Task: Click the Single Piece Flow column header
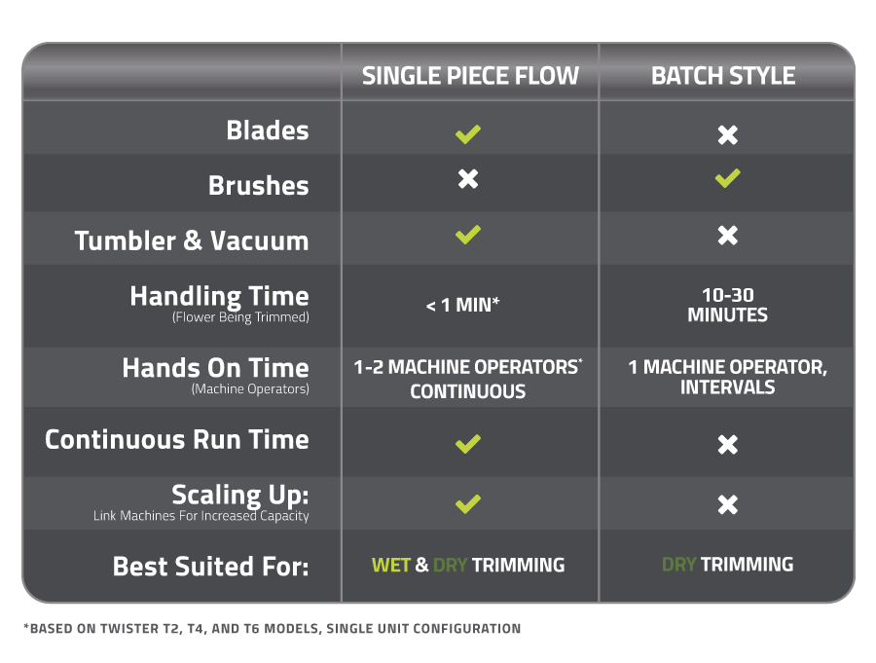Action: tap(470, 76)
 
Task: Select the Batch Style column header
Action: tap(723, 76)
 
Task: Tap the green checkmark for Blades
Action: tap(468, 134)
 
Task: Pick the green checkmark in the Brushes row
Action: tap(727, 178)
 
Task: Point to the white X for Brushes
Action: tap(468, 179)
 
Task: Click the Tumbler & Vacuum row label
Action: tap(192, 240)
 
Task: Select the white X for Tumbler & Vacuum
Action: tap(727, 236)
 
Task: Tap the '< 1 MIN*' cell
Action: tap(462, 305)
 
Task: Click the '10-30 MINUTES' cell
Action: tap(727, 305)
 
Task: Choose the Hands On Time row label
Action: tap(215, 369)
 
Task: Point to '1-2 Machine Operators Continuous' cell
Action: tap(468, 379)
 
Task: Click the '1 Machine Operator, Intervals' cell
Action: tap(727, 377)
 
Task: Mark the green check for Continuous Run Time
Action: tap(468, 444)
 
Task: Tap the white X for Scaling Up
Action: tap(727, 504)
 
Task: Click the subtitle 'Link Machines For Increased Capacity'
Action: tap(201, 516)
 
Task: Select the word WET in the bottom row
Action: tap(390, 565)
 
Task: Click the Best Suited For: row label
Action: tap(210, 566)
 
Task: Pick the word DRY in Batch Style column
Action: tap(678, 564)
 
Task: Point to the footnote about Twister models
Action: tap(272, 629)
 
